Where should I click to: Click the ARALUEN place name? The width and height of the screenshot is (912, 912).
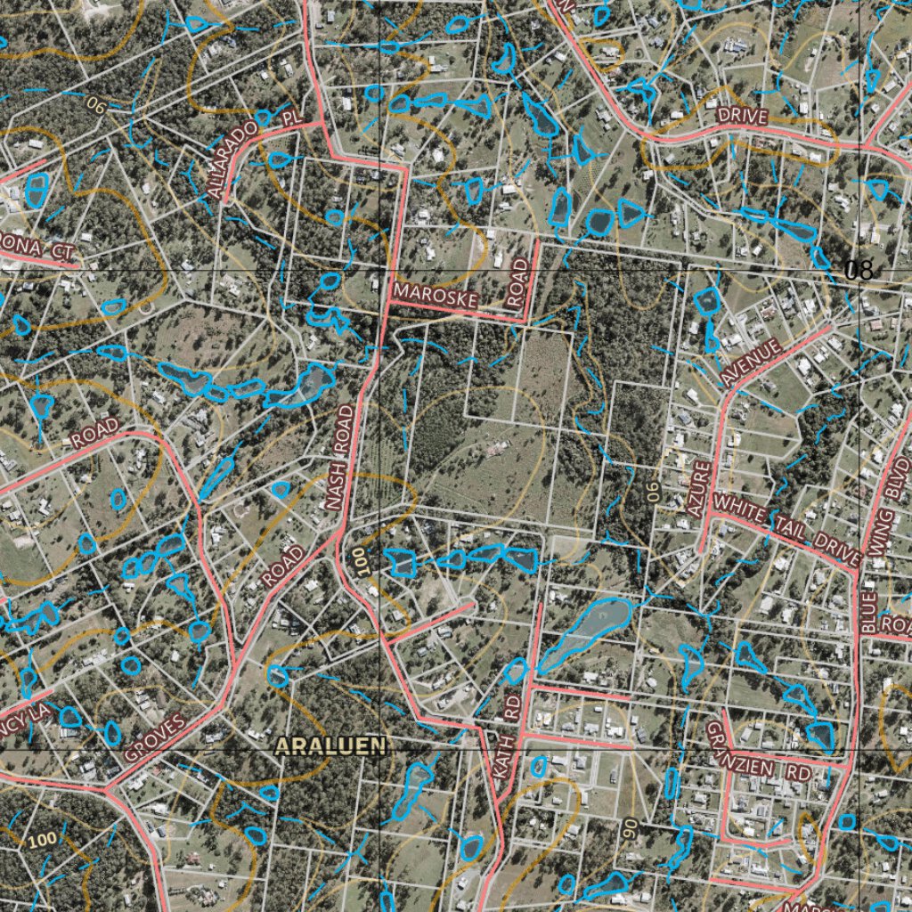(x=330, y=746)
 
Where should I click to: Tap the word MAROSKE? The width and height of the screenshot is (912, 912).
(x=426, y=292)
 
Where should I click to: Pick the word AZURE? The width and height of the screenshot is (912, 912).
(x=698, y=488)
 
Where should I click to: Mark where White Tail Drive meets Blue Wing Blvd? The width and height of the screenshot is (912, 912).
(x=859, y=570)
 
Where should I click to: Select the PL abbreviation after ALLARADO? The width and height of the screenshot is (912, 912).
(x=287, y=117)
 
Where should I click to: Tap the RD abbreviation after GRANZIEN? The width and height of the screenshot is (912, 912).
(x=800, y=773)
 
